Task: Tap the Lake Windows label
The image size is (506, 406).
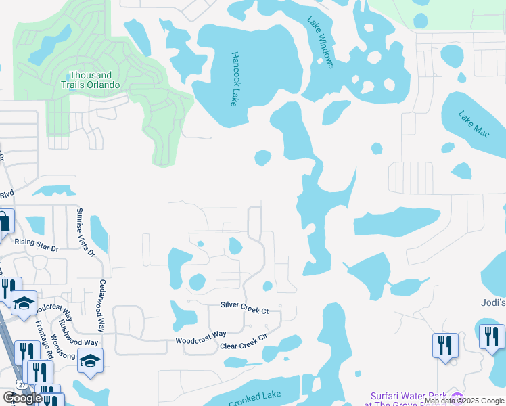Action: coord(321,42)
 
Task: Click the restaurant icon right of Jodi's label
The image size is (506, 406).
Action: coord(492,336)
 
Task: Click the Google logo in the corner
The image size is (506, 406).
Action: coord(22,398)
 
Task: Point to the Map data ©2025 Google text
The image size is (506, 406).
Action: coord(463,401)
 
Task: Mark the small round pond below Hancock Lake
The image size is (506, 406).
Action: coord(262,158)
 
